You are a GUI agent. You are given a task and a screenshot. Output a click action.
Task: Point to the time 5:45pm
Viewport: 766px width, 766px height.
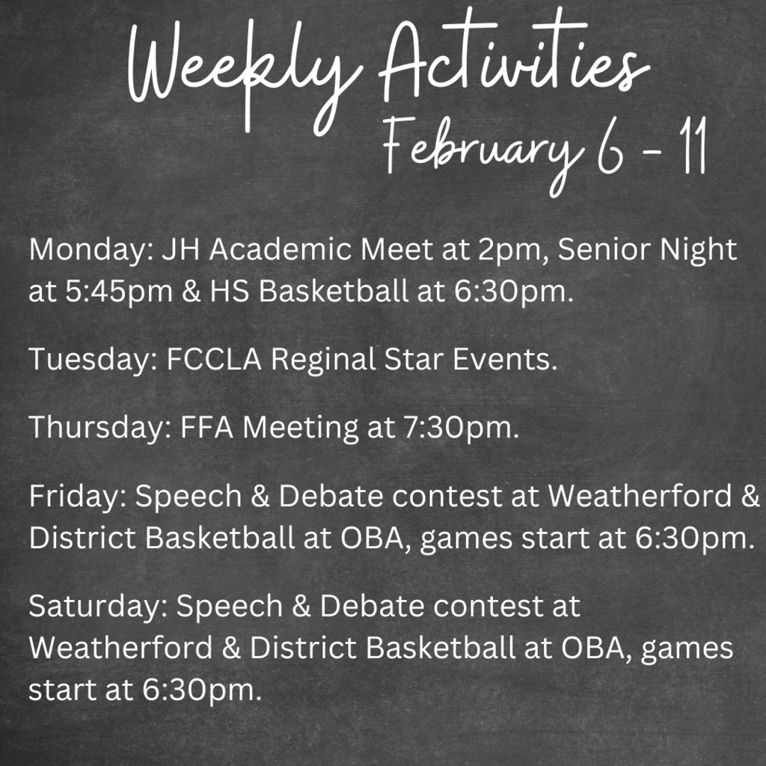tap(119, 292)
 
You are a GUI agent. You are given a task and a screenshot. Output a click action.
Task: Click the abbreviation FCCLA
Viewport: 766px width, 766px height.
tap(214, 359)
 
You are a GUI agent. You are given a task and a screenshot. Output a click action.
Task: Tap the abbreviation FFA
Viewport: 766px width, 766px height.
tap(206, 427)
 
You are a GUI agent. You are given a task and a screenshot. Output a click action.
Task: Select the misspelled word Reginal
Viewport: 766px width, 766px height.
tap(323, 361)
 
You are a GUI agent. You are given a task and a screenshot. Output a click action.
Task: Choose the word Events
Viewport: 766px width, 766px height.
tap(505, 360)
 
